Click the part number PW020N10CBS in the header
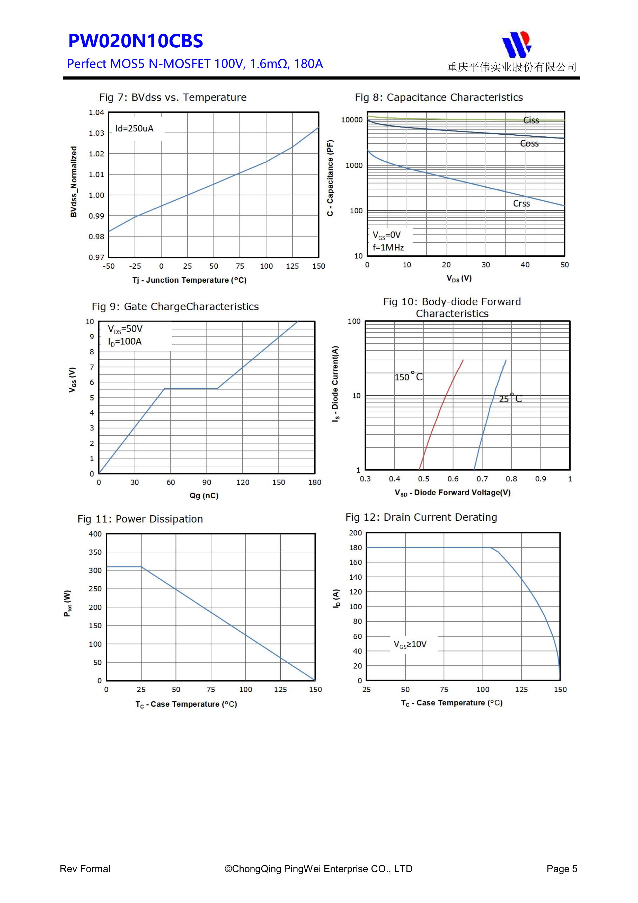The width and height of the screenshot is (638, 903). point(136,41)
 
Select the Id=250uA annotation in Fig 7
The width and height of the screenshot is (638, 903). point(134,129)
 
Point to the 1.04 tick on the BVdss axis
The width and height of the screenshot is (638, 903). point(96,112)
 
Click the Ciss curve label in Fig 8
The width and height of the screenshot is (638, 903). point(531,120)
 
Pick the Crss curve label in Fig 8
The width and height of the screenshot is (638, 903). point(521,203)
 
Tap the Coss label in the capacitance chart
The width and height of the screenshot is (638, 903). point(529,144)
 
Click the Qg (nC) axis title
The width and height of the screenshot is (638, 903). point(204,496)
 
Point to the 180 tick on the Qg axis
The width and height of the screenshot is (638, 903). point(314,483)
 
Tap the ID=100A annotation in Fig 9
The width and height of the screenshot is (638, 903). point(125,341)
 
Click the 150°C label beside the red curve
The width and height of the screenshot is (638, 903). point(409,377)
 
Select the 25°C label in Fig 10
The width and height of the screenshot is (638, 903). point(510,398)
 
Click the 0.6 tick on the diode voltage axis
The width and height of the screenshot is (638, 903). point(453,479)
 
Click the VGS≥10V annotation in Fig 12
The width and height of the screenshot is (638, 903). point(410,644)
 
